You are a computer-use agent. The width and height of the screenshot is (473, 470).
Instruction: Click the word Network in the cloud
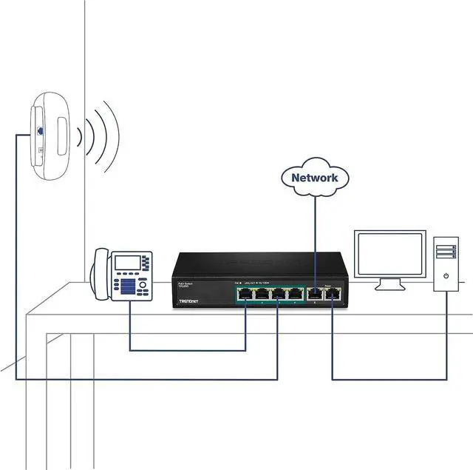[x=314, y=178]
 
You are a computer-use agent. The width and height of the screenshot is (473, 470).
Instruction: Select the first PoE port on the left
[x=245, y=294]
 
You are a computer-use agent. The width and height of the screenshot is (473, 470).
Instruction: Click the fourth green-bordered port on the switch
[x=296, y=294]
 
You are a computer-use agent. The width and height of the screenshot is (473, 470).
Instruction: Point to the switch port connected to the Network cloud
[x=316, y=294]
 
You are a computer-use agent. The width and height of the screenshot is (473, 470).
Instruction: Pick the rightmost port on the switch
[x=333, y=294]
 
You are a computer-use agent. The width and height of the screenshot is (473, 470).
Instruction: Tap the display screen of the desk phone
[x=127, y=262]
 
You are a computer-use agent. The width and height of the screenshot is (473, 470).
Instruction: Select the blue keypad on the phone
[x=128, y=286]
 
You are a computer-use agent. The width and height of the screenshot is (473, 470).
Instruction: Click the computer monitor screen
[x=389, y=254]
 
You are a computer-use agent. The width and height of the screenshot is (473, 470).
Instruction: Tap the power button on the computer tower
[x=446, y=275]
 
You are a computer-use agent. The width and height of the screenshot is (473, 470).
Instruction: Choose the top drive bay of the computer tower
[x=446, y=244]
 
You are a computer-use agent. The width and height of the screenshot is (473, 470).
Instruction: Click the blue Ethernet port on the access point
[x=39, y=131]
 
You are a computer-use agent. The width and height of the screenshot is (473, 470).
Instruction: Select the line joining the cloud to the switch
[x=315, y=237]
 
